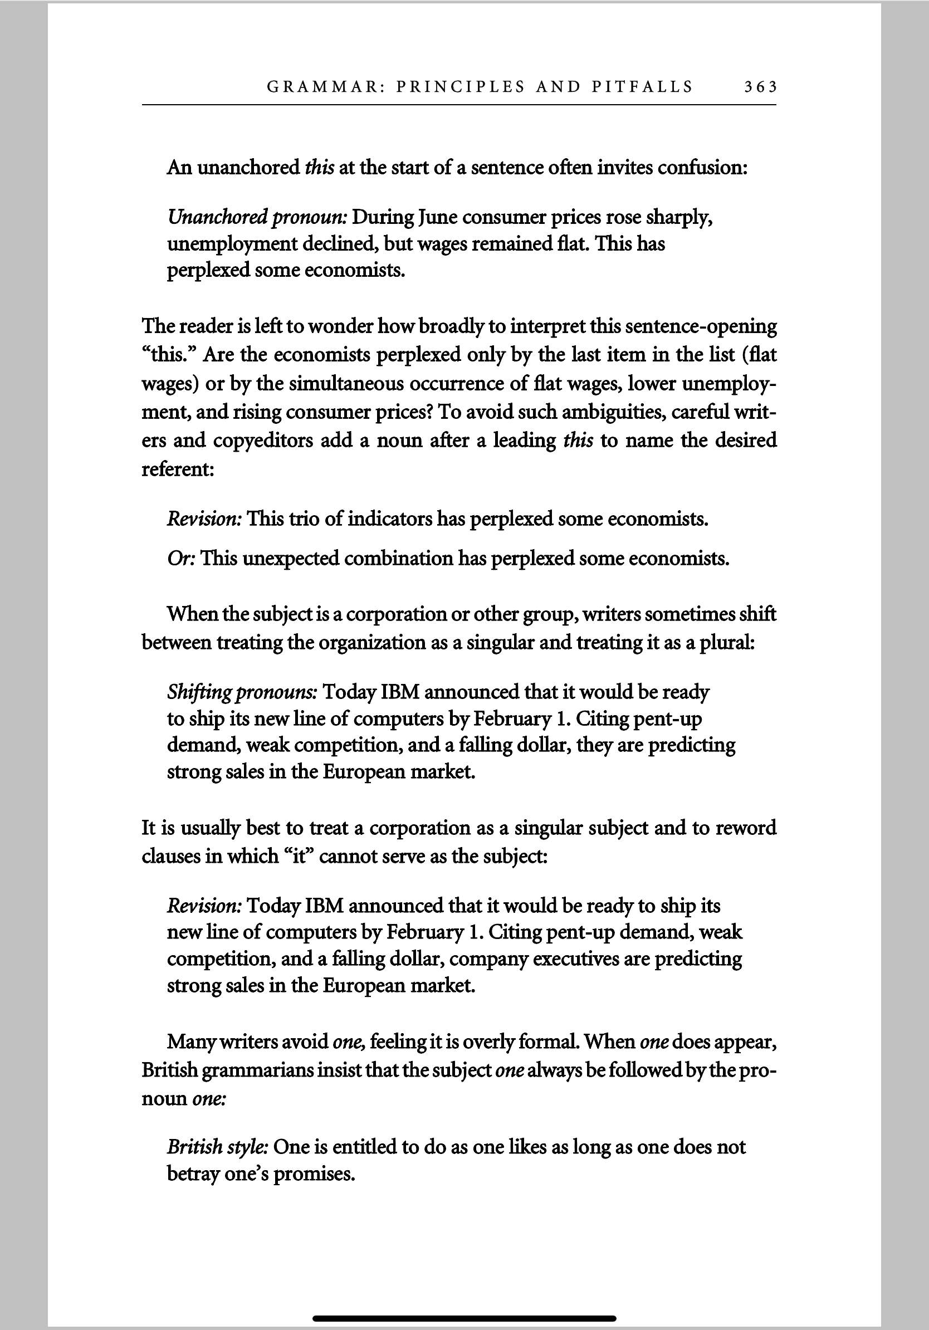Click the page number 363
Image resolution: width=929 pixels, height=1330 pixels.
(x=760, y=87)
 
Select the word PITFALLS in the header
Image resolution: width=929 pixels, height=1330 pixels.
(x=642, y=87)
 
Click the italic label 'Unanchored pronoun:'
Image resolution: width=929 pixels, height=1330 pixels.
(x=257, y=217)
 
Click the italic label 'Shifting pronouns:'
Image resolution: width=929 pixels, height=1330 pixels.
(x=242, y=692)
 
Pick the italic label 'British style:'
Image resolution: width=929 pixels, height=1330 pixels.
(x=218, y=1147)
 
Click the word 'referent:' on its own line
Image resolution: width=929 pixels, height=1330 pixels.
(x=178, y=468)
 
